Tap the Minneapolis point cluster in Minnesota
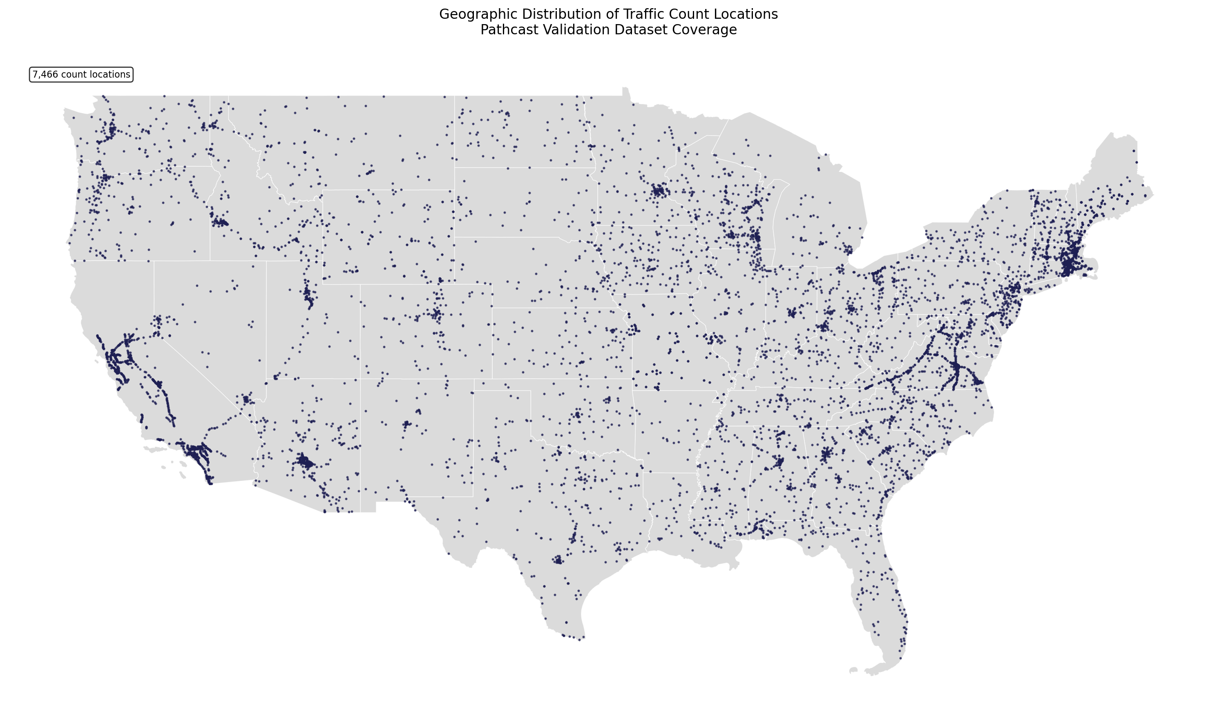pos(659,191)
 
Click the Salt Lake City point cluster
pos(308,295)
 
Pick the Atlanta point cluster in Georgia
pos(825,454)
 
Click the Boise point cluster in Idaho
pos(220,223)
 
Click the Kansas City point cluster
pos(633,330)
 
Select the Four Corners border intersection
pos(360,379)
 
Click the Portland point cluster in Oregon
pos(105,178)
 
